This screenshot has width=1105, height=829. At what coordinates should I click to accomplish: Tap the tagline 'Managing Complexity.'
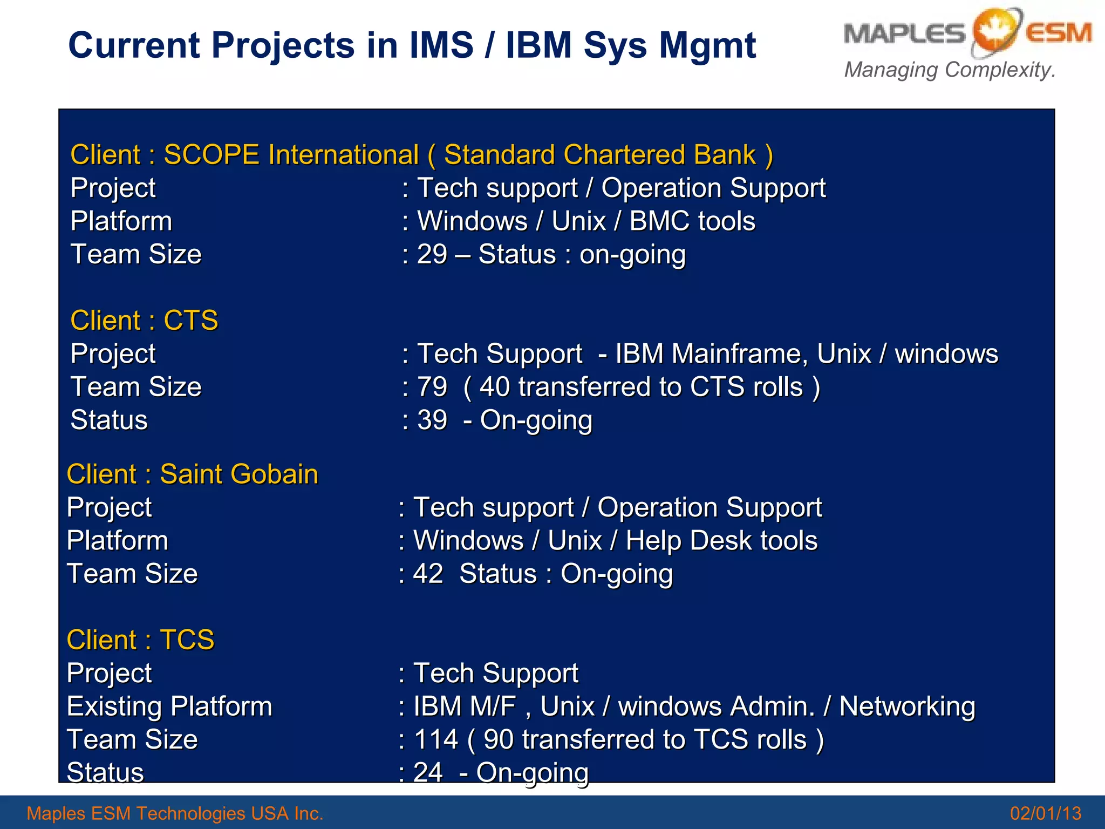(949, 70)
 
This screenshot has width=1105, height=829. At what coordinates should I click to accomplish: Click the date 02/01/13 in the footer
(1045, 813)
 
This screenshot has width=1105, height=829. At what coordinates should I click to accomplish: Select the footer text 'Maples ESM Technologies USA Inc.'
(175, 813)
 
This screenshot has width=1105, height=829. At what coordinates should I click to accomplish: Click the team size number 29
(432, 255)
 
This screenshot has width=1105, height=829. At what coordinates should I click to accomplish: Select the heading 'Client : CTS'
(144, 321)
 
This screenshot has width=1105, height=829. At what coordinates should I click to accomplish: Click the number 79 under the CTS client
(432, 388)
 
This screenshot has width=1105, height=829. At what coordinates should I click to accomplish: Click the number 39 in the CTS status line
(432, 420)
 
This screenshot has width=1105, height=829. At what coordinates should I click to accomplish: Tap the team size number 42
(428, 574)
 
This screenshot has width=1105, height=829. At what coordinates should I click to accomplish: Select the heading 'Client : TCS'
(140, 640)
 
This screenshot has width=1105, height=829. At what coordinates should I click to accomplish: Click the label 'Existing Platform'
(169, 706)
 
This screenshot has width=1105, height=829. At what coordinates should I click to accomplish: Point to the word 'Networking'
(907, 706)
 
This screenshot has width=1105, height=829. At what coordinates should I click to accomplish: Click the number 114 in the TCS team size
(435, 740)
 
